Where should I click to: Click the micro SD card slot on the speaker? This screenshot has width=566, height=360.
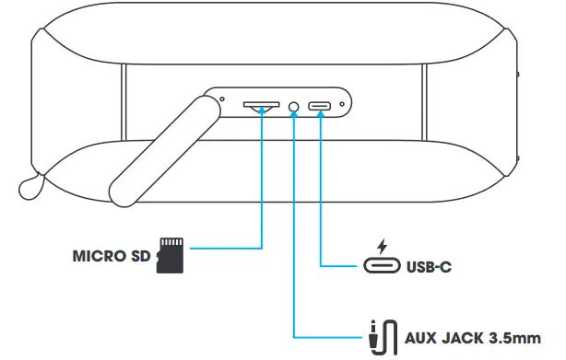pyautogui.click(x=262, y=106)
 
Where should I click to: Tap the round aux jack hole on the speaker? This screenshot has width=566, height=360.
pyautogui.click(x=294, y=107)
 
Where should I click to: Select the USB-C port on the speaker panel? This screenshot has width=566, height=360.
pyautogui.click(x=321, y=107)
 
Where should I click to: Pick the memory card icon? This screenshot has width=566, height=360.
pyautogui.click(x=171, y=254)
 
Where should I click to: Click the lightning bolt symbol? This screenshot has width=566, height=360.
pyautogui.click(x=381, y=246)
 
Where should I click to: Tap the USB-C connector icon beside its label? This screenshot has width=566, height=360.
pyautogui.click(x=381, y=268)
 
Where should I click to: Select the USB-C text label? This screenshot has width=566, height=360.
pyautogui.click(x=429, y=269)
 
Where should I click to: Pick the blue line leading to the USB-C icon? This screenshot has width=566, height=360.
pyautogui.click(x=321, y=203)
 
